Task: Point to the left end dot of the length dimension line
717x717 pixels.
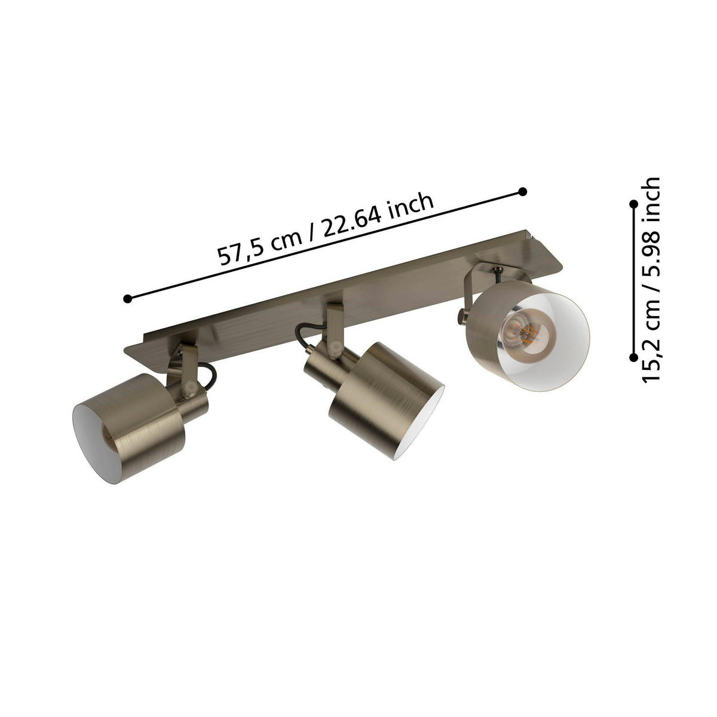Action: (127, 298)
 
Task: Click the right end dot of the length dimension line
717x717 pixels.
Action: (523, 191)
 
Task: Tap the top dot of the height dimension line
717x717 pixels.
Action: (632, 205)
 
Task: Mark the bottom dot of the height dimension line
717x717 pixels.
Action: (632, 357)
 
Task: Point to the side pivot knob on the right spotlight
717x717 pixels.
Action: (461, 314)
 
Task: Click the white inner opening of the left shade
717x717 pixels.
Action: (93, 436)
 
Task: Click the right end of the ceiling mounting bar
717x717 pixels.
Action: (553, 251)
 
